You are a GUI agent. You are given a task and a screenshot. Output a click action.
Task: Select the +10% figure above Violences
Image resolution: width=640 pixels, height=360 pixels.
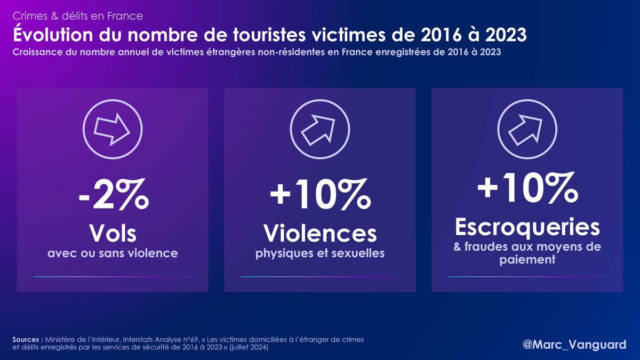[x=320, y=196]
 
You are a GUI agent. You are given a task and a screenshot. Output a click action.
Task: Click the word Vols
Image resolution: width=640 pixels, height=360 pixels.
[x=113, y=233]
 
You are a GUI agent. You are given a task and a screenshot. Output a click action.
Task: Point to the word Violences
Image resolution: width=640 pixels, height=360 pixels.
[x=320, y=233]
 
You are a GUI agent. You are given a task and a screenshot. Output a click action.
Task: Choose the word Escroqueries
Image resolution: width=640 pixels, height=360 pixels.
[x=527, y=227]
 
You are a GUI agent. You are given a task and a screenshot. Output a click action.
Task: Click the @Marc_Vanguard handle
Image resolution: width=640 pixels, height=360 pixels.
[x=574, y=345]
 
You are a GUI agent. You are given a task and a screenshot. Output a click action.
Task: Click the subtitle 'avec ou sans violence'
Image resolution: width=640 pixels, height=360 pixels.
[x=113, y=253]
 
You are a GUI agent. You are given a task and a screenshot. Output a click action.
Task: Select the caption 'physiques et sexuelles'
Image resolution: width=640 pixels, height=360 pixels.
[x=320, y=253]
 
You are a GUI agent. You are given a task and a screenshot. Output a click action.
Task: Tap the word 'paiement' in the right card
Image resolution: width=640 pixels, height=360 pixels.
[x=527, y=260]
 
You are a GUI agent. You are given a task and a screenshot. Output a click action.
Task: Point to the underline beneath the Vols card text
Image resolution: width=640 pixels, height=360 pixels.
[x=113, y=277]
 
